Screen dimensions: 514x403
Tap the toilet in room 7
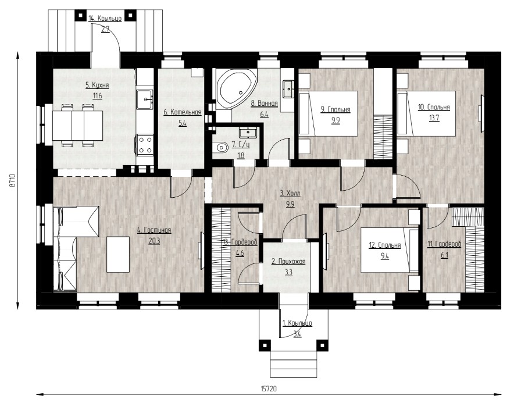(x=222, y=148)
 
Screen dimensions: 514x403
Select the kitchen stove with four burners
(x=145, y=145)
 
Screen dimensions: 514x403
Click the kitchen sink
(x=145, y=99)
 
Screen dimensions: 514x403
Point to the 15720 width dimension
(x=269, y=388)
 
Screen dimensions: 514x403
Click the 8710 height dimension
(x=12, y=180)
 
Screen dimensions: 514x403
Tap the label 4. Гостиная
(x=154, y=230)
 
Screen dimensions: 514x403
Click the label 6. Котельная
(x=182, y=112)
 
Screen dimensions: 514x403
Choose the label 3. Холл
(x=290, y=194)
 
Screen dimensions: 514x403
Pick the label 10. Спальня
(x=434, y=107)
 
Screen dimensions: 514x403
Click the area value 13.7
(x=434, y=118)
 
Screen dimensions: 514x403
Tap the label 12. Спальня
(x=385, y=245)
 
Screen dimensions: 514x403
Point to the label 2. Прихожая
(x=288, y=262)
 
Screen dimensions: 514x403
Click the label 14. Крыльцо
(x=105, y=19)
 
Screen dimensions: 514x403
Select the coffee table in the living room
(x=118, y=254)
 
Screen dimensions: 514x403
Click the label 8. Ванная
(x=264, y=104)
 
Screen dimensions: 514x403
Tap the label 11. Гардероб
(x=444, y=244)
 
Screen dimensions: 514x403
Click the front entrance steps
(x=294, y=365)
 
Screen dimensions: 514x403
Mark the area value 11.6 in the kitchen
(x=97, y=96)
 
